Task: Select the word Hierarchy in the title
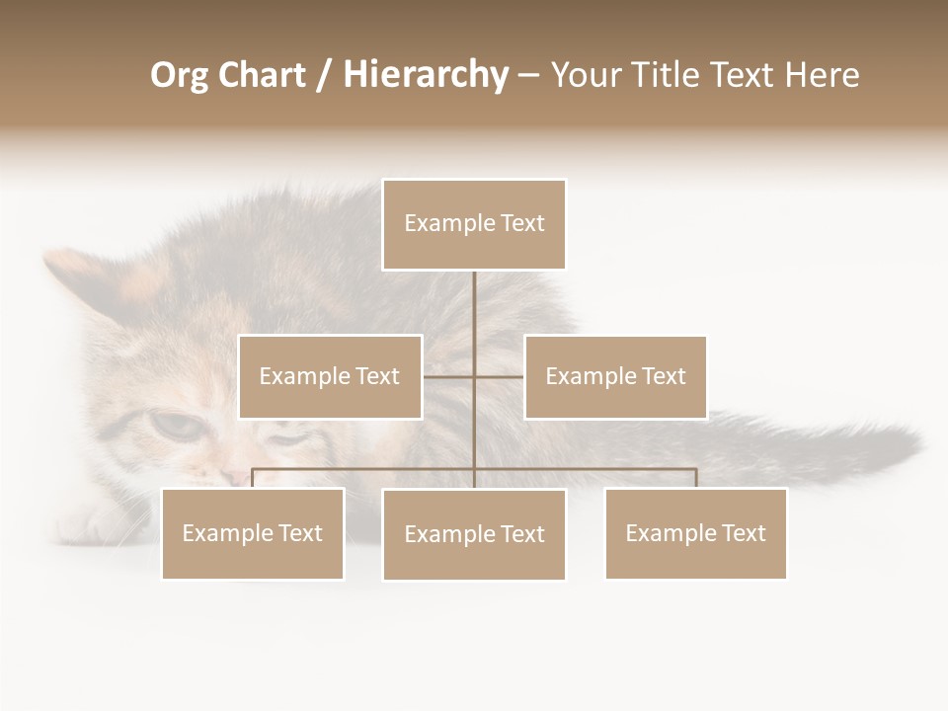[426, 75]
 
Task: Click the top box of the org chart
[474, 224]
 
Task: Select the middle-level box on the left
[330, 376]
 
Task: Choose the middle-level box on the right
[615, 376]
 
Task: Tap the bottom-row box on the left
[253, 533]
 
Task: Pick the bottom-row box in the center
[474, 534]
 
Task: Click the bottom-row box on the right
[695, 533]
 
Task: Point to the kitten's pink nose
[236, 477]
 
